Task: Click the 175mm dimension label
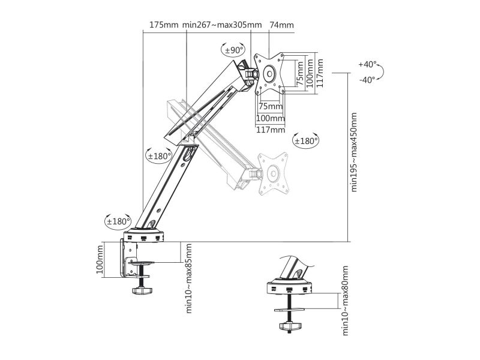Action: pyautogui.click(x=164, y=25)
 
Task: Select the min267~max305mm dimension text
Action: pyautogui.click(x=222, y=25)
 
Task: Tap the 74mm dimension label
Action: pyautogui.click(x=281, y=25)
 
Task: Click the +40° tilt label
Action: pyautogui.click(x=367, y=64)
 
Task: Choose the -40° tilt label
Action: pyautogui.click(x=367, y=80)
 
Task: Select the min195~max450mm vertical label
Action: pyautogui.click(x=353, y=152)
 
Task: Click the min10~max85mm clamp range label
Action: pyautogui.click(x=189, y=278)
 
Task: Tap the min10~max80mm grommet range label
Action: pyautogui.click(x=345, y=301)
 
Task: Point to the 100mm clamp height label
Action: pyautogui.click(x=100, y=260)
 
